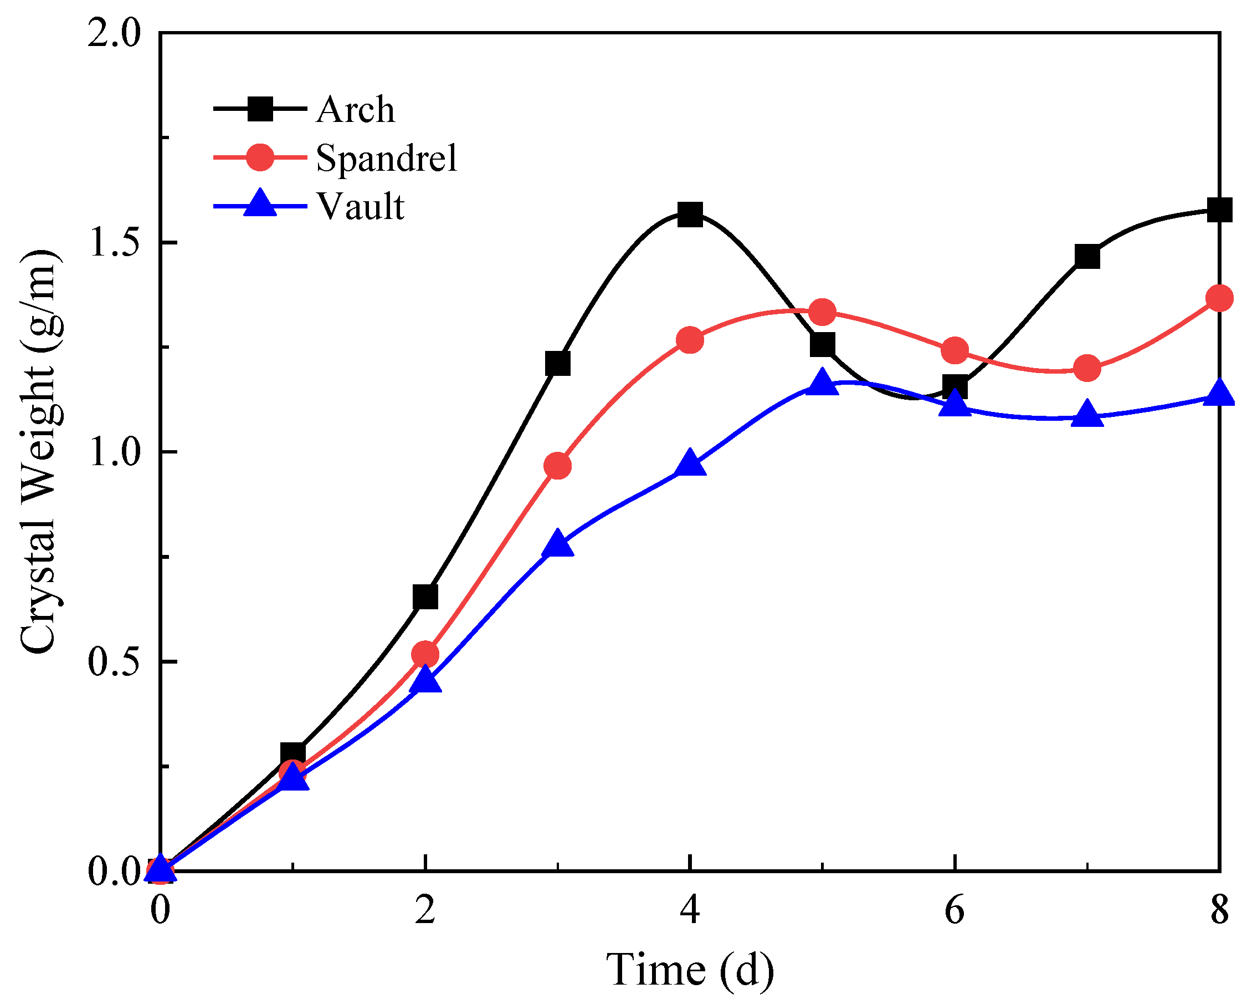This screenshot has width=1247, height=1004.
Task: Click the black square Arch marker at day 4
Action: pos(690,215)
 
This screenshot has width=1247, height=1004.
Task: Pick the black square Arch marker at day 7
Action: pos(1087,256)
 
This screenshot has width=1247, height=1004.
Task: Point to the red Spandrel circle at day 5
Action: pos(823,313)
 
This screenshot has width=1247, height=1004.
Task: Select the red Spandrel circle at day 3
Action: pos(557,466)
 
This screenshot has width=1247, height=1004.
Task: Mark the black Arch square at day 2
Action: pos(425,597)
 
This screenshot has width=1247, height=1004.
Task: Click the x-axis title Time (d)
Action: pos(690,969)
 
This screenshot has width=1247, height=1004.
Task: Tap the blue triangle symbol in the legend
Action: pos(260,203)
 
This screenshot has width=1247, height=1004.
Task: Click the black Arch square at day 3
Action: pos(557,364)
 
